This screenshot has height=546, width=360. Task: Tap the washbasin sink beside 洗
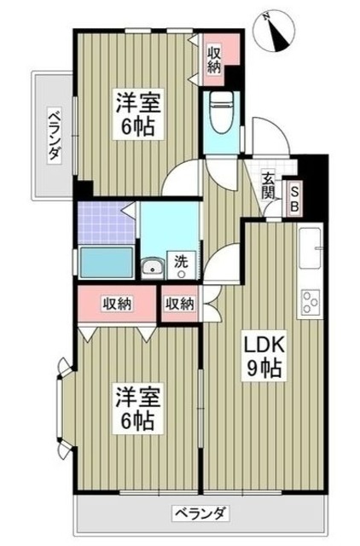[154, 269]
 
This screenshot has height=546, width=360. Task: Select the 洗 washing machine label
[182, 262]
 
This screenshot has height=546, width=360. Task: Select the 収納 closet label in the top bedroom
[214, 59]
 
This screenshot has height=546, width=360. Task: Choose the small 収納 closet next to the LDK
[179, 305]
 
